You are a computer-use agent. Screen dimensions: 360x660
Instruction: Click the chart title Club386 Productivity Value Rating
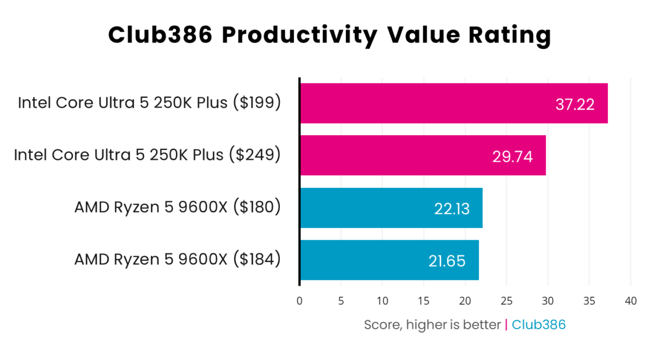[329, 35]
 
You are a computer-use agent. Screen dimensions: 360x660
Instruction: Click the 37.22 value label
[575, 104]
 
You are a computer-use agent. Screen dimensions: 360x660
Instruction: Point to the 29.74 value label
[513, 157]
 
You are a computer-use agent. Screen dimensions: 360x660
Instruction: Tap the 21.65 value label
[447, 261]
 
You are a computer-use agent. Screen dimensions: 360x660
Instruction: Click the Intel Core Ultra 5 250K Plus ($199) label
[149, 103]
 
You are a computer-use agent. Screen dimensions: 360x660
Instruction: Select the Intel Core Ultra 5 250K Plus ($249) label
[147, 155]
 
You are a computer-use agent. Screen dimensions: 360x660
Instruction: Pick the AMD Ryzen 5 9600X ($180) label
[178, 207]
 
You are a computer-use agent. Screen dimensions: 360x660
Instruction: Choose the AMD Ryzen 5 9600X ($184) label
[178, 259]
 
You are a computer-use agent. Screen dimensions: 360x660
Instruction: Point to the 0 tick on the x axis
[299, 301]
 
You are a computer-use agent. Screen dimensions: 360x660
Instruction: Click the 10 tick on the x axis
[382, 301]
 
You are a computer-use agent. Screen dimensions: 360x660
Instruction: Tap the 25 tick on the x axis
[507, 301]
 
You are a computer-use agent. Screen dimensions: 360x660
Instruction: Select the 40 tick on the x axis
[631, 301]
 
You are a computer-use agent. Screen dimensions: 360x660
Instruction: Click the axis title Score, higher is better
[432, 325]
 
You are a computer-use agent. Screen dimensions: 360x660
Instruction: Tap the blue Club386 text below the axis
[538, 325]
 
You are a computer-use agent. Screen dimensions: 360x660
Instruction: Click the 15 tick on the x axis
[424, 301]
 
